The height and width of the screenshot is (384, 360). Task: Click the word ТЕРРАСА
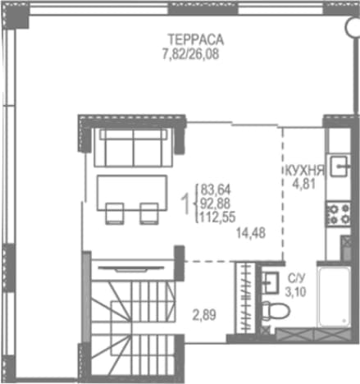click(x=196, y=39)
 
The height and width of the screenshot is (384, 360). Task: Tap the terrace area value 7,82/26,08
click(x=191, y=54)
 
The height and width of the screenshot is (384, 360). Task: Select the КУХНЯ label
click(x=305, y=171)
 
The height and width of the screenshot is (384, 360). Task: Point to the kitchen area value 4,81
click(x=304, y=184)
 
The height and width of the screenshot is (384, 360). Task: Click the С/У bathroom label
click(x=296, y=279)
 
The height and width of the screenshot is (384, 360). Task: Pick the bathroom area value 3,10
click(x=295, y=292)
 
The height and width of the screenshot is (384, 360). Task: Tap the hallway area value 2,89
click(x=204, y=315)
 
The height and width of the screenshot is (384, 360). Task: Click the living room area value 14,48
click(x=251, y=233)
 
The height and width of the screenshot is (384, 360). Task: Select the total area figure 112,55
click(x=218, y=217)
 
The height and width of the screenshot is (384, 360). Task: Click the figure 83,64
click(x=216, y=190)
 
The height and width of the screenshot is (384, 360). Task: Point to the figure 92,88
click(x=216, y=203)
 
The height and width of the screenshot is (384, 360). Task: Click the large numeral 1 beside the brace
click(x=186, y=203)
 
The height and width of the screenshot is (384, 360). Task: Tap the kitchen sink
click(x=339, y=167)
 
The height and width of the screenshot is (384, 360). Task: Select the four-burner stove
click(x=339, y=213)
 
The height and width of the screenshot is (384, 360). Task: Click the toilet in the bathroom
click(x=275, y=311)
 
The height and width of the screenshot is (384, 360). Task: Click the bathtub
click(x=334, y=297)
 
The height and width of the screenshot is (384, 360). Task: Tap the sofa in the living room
click(x=134, y=148)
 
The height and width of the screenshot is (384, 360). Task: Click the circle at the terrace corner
click(x=353, y=26)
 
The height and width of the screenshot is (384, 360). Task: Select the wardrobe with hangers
click(x=245, y=298)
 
